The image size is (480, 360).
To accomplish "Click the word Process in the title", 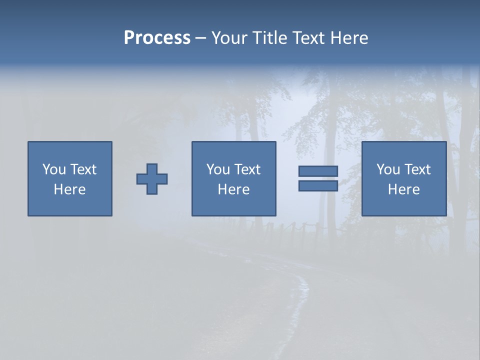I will pyautogui.click(x=157, y=38).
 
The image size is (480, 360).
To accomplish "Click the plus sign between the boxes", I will pyautogui.click(x=152, y=179).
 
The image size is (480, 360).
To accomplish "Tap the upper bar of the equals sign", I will pyautogui.click(x=318, y=171).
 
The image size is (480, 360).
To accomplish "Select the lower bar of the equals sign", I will pyautogui.click(x=318, y=186).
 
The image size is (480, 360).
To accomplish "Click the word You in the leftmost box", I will pyautogui.click(x=54, y=169).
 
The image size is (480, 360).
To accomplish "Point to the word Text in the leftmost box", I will pyautogui.click(x=82, y=169).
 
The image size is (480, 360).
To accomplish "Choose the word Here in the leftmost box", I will pyautogui.click(x=70, y=189).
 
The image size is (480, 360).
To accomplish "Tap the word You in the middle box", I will pyautogui.click(x=218, y=169).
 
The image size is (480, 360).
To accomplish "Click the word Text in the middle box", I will pyautogui.click(x=246, y=169).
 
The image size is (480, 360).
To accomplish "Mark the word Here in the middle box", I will pyautogui.click(x=234, y=189).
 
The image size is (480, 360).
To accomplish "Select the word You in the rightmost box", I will pyautogui.click(x=388, y=169).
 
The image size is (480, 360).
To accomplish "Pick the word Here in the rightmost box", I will pyautogui.click(x=404, y=189).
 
